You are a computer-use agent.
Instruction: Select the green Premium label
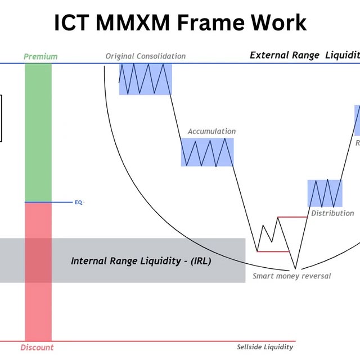pos(40,56)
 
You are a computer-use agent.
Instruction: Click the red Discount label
pos(37,347)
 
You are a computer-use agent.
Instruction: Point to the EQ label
pos(78,202)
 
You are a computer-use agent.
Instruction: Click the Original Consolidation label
pos(145,56)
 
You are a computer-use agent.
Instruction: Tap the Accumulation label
pos(211,132)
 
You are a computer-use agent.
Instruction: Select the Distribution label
pos(332,213)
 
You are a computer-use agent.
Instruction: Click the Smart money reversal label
pos(291,276)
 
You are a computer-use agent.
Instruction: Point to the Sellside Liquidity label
pos(265,346)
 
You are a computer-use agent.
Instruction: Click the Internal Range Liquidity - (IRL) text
pos(141,261)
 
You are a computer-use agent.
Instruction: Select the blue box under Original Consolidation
pos(145,79)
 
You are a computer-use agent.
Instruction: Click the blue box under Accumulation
pos(207,152)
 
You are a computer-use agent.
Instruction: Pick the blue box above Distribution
pos(325,193)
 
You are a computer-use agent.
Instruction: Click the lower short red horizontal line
pos(272,251)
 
